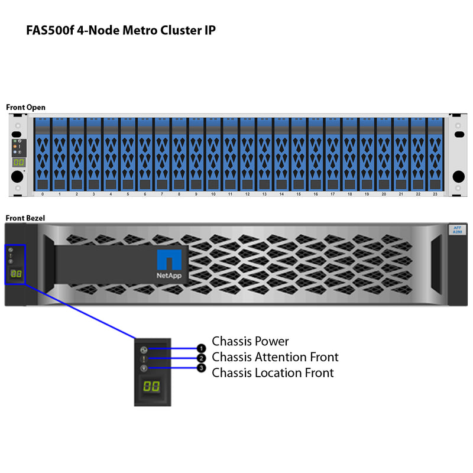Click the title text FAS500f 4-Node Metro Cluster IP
[121, 31]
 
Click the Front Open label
[25, 107]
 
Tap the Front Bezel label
[25, 218]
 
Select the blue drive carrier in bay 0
[43, 153]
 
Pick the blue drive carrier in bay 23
[435, 153]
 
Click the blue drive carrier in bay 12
[247, 153]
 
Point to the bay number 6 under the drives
[145, 194]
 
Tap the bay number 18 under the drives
[349, 194]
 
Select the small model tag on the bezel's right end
[457, 230]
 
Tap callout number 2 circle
[201, 358]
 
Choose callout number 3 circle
[201, 368]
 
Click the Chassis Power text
[251, 341]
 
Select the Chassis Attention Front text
[275, 357]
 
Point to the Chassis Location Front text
[273, 372]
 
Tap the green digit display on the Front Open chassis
[19, 162]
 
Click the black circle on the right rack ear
[458, 176]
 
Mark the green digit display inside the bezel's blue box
[16, 274]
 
